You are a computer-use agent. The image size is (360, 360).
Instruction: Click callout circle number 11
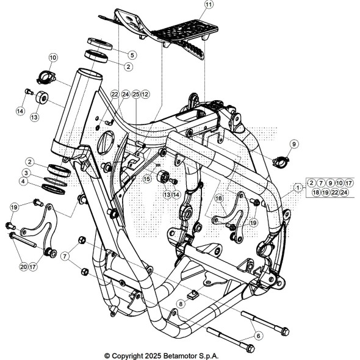coord(209,5)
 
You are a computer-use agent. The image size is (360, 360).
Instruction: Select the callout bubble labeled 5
coord(132,55)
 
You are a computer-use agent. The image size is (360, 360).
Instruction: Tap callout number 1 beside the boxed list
coord(297,187)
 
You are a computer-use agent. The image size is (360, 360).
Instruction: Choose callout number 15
coord(147,179)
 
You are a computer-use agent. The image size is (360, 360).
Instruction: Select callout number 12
coord(145,95)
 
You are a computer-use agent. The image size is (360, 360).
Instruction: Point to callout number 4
coord(23,181)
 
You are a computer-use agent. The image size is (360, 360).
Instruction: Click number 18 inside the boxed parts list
coord(316,192)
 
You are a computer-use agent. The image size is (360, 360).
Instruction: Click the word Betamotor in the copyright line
coord(180,355)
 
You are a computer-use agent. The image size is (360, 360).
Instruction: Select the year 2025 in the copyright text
coord(149,355)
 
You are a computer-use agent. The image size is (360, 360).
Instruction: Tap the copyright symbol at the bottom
coord(107,355)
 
